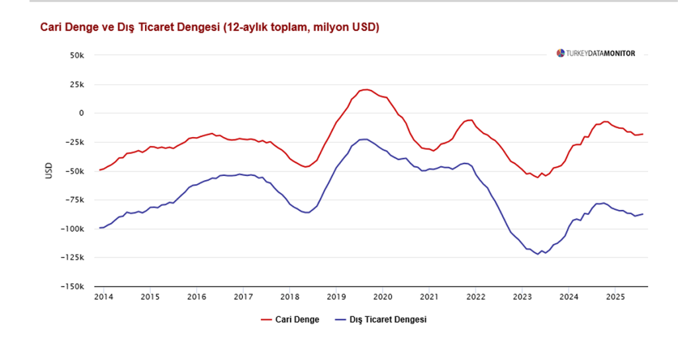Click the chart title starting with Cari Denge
pyautogui.click(x=209, y=27)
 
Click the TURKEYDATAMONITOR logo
pyautogui.click(x=595, y=53)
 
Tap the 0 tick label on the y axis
pyautogui.click(x=81, y=113)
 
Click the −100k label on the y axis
pyautogui.click(x=73, y=229)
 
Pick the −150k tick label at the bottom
pyautogui.click(x=73, y=287)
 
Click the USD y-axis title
pyautogui.click(x=48, y=171)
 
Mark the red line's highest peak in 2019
pyautogui.click(x=366, y=89)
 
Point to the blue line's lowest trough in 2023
pyautogui.click(x=538, y=254)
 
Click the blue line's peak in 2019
pyautogui.click(x=365, y=139)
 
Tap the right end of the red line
pyautogui.click(x=643, y=134)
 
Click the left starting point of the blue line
pyautogui.click(x=100, y=228)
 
